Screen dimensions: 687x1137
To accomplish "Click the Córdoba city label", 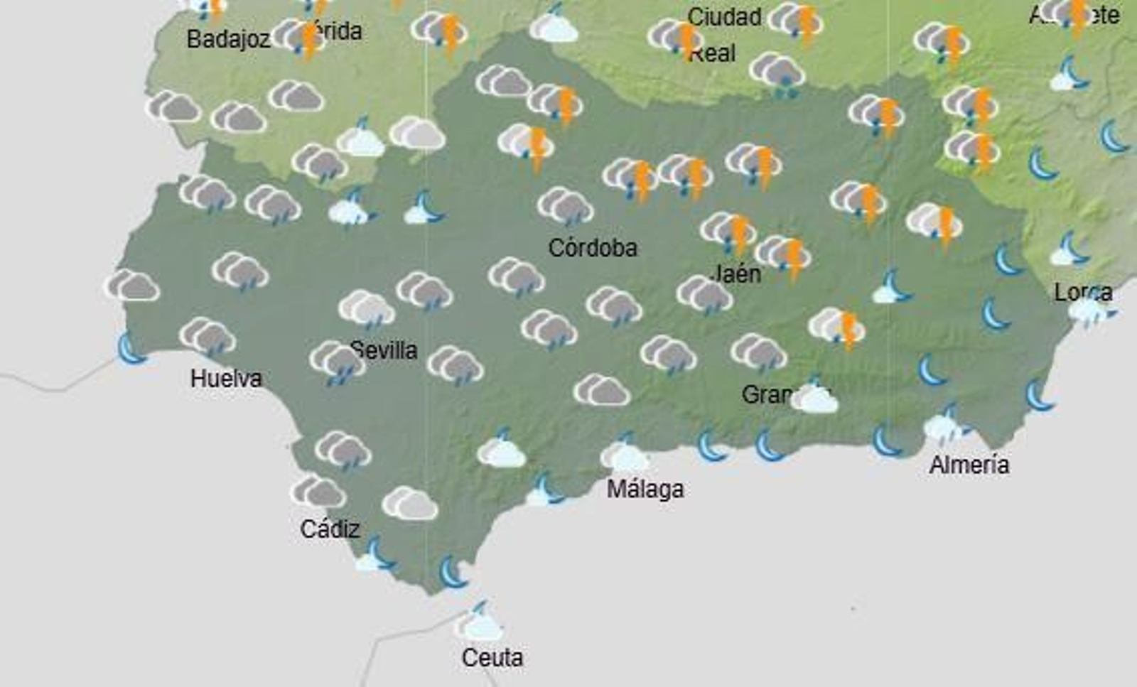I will coord(593,248).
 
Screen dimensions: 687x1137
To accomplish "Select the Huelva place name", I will coord(226,379).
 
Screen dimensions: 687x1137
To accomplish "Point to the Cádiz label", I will coord(330,529).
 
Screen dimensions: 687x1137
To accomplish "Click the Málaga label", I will coord(645,489).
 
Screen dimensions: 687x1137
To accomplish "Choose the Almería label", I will coord(969,465).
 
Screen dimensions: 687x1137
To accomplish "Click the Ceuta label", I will coord(492,658).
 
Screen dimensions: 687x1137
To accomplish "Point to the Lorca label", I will coord(1083,292).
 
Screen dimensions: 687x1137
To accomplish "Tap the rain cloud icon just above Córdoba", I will coord(566,206).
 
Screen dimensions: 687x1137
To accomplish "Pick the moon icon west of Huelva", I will coord(131,349).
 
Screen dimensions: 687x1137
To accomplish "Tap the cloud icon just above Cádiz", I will coord(318,492).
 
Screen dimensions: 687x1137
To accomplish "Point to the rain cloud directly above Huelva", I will coord(208,336).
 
